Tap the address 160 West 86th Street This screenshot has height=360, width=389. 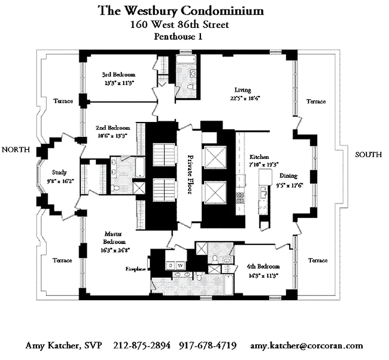(179, 24)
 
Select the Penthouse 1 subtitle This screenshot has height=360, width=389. (178, 37)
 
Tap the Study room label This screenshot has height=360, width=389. (59, 172)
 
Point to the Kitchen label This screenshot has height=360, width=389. (259, 157)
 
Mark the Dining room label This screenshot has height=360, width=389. (287, 176)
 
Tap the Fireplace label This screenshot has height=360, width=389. (136, 269)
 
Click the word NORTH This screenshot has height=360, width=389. (16, 149)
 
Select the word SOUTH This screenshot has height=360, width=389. (368, 155)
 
